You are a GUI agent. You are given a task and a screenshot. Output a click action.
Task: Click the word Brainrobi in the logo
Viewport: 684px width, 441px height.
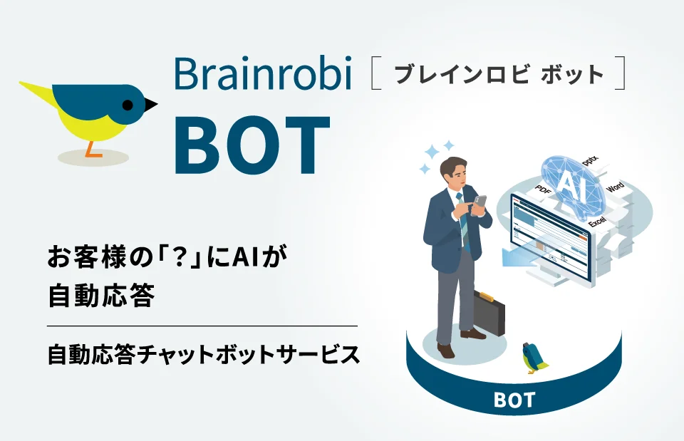point(263,75)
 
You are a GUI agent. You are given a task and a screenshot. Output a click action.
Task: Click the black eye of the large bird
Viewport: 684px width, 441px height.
point(128,104)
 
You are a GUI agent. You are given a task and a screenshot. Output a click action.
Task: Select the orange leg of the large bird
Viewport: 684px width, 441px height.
point(91,149)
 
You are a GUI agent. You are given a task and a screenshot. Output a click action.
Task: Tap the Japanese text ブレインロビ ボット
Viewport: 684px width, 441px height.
point(499,74)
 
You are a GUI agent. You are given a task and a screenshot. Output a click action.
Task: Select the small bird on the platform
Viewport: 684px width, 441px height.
point(534,358)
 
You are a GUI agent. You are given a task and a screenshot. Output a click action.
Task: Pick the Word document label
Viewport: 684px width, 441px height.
point(614,187)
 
